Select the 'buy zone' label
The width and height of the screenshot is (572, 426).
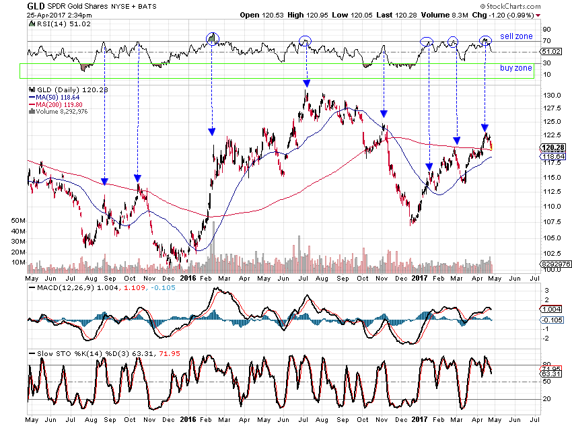[515, 68]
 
